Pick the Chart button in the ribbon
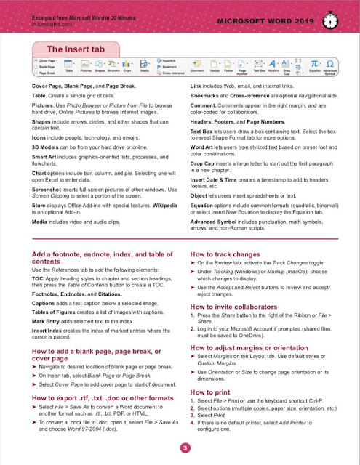point(129,70)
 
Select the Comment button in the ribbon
point(196,70)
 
